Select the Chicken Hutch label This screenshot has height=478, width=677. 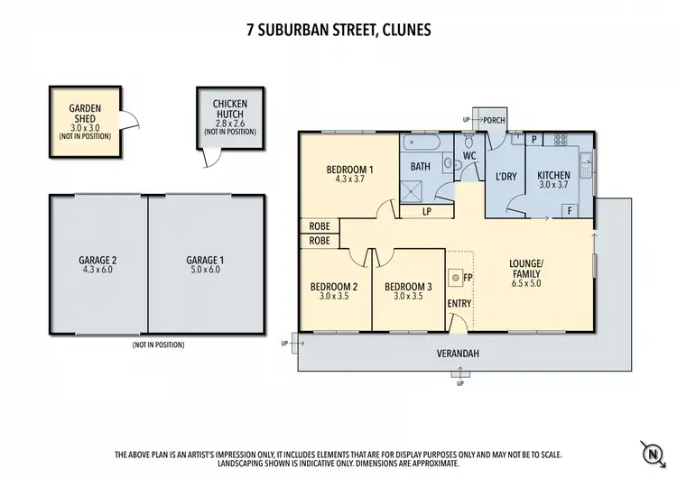pos(229,110)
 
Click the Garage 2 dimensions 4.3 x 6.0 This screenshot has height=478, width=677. pos(98,269)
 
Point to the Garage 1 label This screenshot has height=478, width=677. pos(205,260)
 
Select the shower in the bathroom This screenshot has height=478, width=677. pos(414,186)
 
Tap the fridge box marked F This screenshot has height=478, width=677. pos(570,210)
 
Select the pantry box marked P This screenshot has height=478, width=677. pos(533,140)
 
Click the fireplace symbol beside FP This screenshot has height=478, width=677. pos(456,275)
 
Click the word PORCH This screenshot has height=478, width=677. pos(494,119)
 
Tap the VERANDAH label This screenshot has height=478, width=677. pos(459,353)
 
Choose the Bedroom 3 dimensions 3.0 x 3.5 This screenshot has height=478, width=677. pos(409,296)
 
